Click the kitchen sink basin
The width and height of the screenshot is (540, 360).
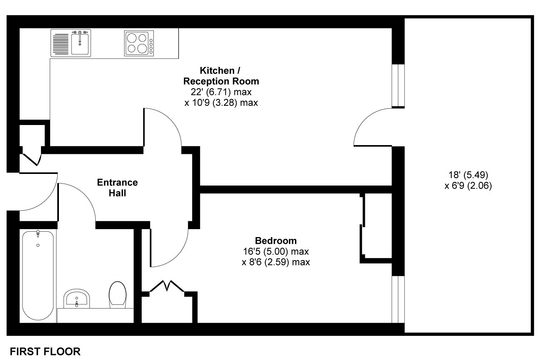tap(80, 44)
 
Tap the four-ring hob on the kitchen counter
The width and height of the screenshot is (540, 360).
tap(139, 43)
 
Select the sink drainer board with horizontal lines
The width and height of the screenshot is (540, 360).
tap(61, 43)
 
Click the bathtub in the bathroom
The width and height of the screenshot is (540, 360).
tap(38, 276)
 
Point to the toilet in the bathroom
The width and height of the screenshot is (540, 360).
tap(117, 295)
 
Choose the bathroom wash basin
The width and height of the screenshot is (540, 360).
tap(76, 299)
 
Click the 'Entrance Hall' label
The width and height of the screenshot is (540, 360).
tap(117, 188)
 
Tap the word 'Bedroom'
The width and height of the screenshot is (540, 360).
tap(276, 241)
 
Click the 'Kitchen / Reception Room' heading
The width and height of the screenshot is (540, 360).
tap(221, 76)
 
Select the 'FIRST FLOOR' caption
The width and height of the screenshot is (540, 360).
tap(45, 352)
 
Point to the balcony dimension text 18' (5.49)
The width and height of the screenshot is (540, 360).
tap(468, 175)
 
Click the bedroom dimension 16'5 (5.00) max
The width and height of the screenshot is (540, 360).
tap(276, 251)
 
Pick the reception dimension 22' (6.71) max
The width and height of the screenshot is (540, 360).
tap(221, 92)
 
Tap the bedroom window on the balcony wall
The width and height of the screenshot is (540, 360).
tap(398, 299)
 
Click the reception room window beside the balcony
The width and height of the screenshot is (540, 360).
tap(398, 85)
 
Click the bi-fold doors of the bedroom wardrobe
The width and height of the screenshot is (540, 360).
tap(167, 286)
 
